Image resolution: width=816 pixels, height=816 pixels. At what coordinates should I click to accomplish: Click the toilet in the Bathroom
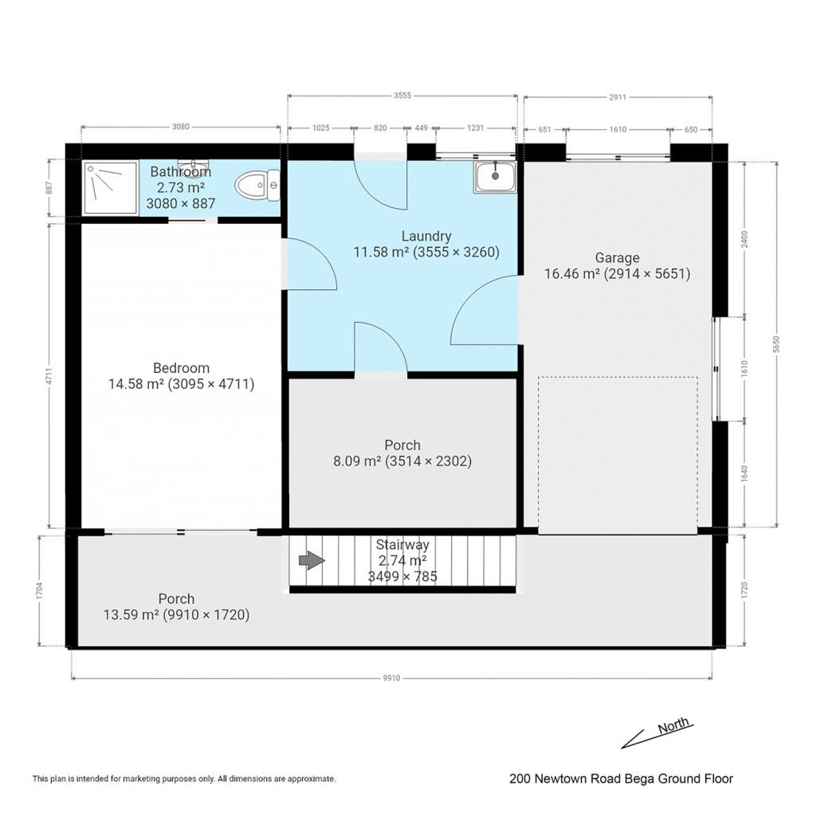(x=257, y=186)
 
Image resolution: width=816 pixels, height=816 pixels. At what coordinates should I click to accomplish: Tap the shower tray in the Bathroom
(x=110, y=187)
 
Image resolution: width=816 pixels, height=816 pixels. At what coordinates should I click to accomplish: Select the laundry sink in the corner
(x=495, y=177)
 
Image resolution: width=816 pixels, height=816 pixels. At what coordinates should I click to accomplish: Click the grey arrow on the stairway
(x=312, y=560)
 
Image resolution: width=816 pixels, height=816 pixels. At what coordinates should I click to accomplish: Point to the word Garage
(x=618, y=258)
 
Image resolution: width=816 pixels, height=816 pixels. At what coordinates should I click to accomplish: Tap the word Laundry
(x=426, y=237)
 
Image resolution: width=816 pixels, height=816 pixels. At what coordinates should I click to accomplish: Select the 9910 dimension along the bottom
(x=391, y=678)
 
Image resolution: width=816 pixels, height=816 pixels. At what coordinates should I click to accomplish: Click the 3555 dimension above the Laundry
(x=402, y=96)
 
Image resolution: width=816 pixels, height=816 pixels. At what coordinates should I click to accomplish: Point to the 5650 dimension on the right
(x=776, y=344)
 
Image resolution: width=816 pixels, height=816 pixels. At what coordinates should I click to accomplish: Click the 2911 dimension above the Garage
(x=618, y=97)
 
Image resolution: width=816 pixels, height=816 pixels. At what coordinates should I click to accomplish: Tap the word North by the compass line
(x=673, y=725)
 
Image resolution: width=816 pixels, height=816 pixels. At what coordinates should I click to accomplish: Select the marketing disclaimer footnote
(x=184, y=779)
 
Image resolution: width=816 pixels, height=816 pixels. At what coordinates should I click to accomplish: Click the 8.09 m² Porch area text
(x=402, y=461)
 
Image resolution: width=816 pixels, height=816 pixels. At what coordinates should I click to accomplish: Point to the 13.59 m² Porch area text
(x=176, y=614)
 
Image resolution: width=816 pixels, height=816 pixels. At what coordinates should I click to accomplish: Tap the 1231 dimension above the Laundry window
(x=475, y=128)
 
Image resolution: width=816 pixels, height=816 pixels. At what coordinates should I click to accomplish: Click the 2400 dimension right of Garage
(x=744, y=239)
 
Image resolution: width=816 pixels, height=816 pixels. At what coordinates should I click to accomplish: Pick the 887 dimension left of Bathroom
(x=49, y=188)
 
